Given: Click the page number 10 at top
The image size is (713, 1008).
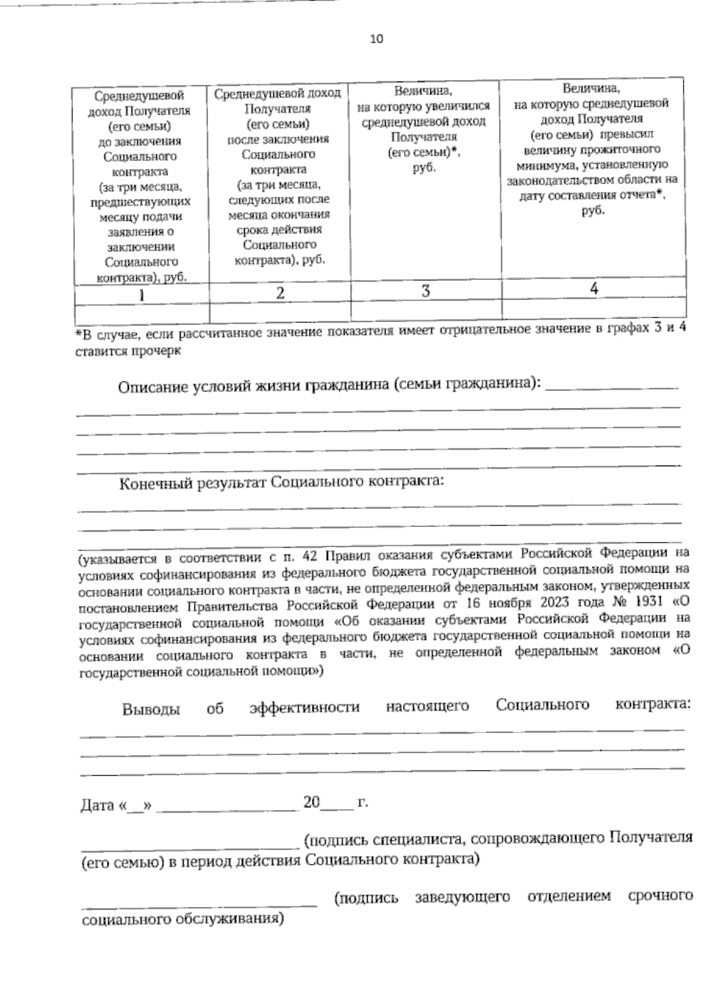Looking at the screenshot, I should click(x=377, y=39).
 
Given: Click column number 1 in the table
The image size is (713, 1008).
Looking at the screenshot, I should click(x=141, y=295).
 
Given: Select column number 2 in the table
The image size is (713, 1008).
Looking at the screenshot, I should click(x=280, y=292).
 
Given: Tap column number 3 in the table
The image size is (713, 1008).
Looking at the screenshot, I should click(x=425, y=290).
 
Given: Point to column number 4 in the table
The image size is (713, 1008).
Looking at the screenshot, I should click(x=594, y=288).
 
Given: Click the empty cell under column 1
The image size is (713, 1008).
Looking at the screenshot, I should click(x=141, y=312).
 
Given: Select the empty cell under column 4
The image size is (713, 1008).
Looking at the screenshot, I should click(x=594, y=308).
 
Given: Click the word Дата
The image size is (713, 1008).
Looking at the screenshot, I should click(x=97, y=805).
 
